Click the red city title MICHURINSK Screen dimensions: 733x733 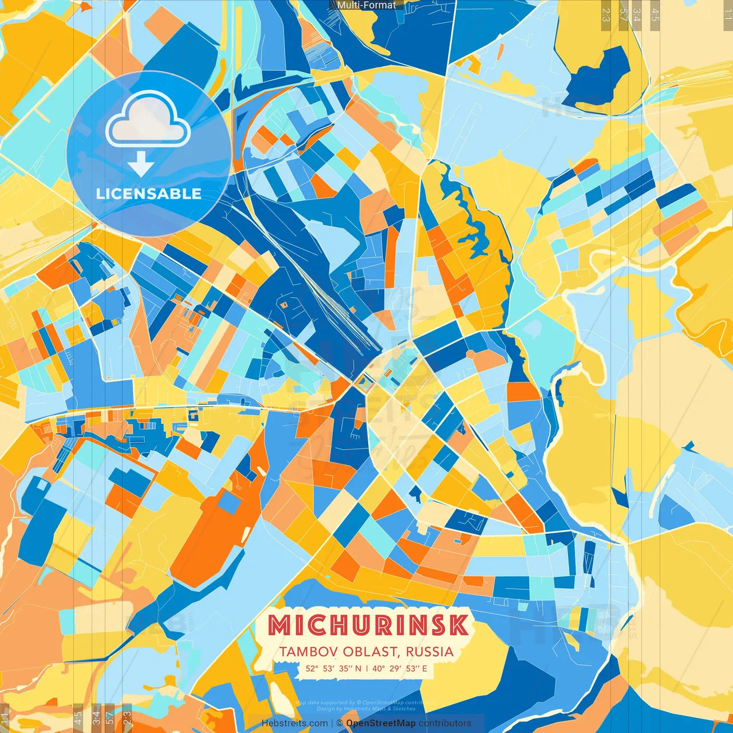tap(368, 625)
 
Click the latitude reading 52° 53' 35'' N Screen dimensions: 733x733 tap(333, 668)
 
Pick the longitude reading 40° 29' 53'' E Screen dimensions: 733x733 tap(401, 668)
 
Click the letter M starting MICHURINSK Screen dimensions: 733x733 tap(281, 625)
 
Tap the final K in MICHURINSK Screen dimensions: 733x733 tap(458, 625)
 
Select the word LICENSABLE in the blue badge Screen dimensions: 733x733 tap(149, 194)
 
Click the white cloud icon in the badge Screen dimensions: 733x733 tap(148, 119)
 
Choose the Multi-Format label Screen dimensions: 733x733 tap(366, 5)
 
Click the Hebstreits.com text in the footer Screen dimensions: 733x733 tap(294, 723)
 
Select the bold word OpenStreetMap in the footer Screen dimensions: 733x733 tap(381, 723)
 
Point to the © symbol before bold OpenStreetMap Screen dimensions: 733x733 tap(340, 723)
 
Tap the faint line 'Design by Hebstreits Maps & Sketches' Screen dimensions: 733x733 tap(366, 709)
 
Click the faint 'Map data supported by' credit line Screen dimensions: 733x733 tap(366, 703)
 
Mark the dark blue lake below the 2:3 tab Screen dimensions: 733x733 tap(596, 80)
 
